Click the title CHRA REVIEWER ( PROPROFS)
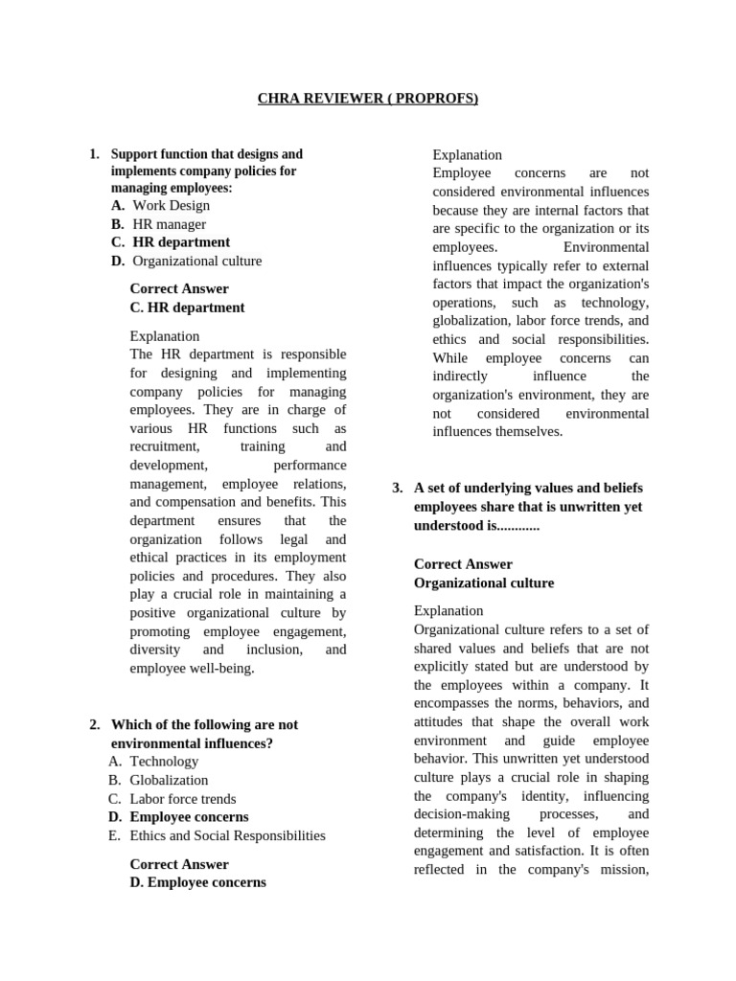(368, 99)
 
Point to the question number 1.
(93, 154)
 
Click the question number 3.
(397, 489)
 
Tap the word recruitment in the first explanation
(165, 447)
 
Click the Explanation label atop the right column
(467, 154)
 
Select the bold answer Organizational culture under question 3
(483, 583)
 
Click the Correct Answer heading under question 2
(179, 864)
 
